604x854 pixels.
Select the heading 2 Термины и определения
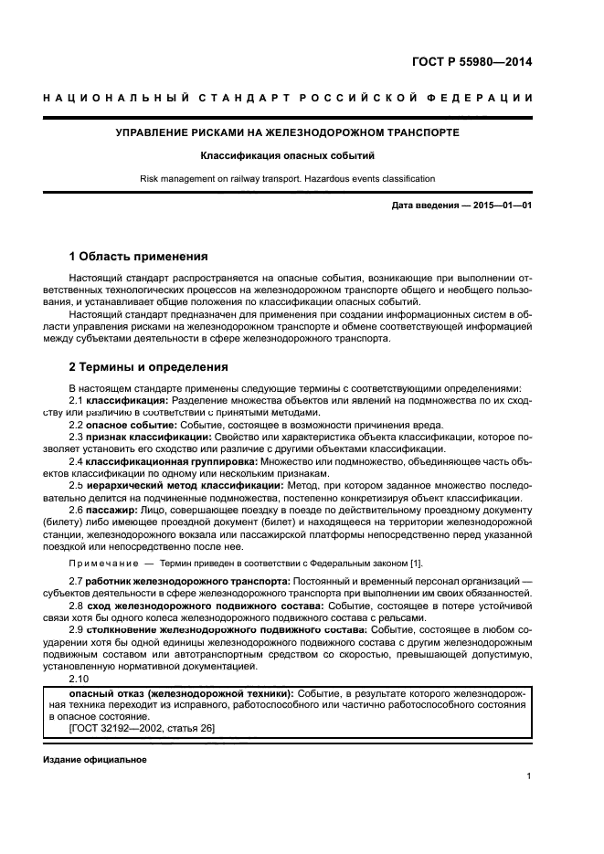click(x=149, y=367)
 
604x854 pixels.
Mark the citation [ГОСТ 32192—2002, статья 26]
click(x=142, y=728)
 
